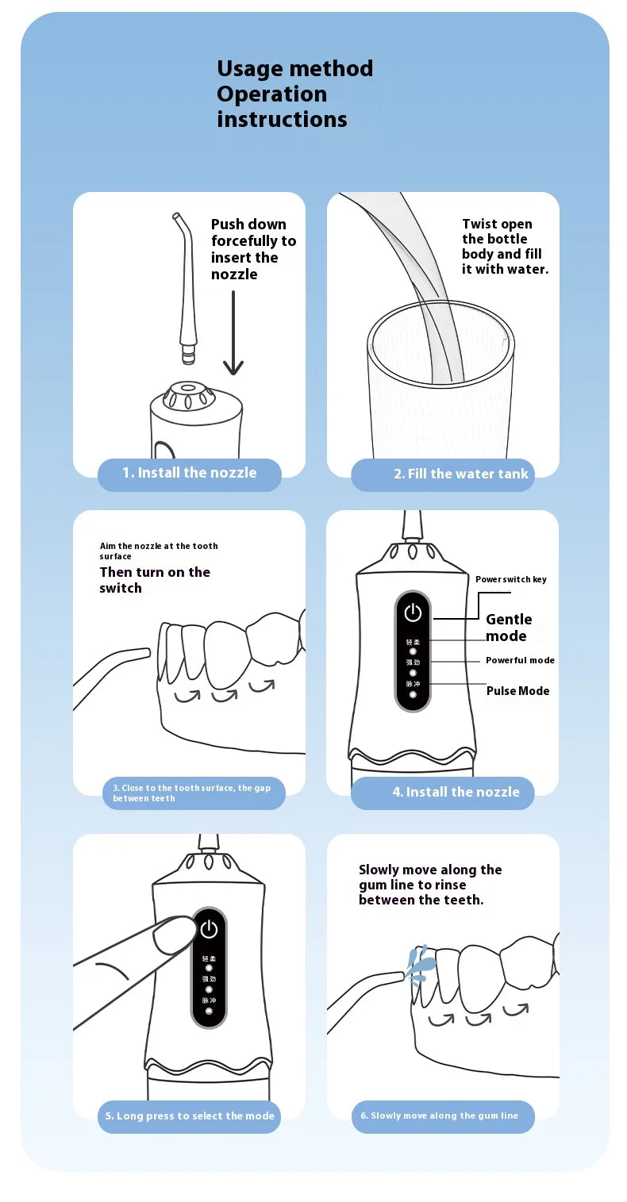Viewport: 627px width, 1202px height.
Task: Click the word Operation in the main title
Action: (271, 94)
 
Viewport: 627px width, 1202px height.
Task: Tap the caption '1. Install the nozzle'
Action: (189, 473)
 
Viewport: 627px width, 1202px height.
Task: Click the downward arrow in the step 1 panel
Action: (233, 333)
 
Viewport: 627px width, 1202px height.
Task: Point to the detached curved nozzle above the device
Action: (185, 286)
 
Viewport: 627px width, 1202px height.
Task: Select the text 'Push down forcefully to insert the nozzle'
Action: (253, 249)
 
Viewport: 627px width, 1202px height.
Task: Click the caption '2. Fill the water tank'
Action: (460, 474)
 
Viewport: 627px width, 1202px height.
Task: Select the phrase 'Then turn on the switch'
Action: (155, 580)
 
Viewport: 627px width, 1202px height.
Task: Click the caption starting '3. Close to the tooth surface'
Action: (193, 793)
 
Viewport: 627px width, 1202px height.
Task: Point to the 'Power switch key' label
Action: (511, 579)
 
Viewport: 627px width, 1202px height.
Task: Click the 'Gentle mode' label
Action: (509, 628)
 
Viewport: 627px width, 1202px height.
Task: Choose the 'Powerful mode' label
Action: (520, 660)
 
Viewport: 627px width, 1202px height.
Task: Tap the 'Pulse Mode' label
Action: (517, 691)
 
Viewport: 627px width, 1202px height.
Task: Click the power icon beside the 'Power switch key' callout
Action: (413, 612)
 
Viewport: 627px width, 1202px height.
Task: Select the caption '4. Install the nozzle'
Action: (456, 792)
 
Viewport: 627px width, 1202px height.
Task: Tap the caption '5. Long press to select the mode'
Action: (190, 1116)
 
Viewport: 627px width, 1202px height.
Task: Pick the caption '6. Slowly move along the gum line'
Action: (439, 1116)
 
